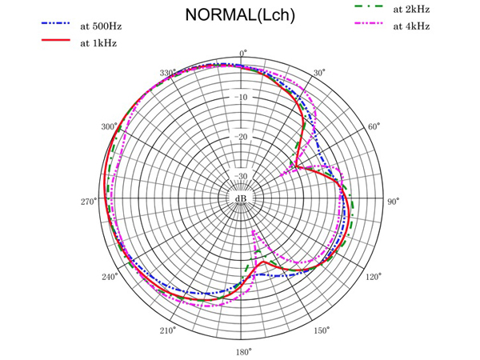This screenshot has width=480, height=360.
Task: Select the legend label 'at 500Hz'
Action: pos(101,26)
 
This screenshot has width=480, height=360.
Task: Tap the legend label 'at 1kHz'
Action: pos(98,43)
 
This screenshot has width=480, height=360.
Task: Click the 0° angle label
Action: pos(243,53)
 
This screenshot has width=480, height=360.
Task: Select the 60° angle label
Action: pos(373,127)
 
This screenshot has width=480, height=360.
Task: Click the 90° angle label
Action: pos(393,202)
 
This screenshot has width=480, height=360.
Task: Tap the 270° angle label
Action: pos(88,202)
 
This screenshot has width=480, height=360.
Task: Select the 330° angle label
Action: pos(166,74)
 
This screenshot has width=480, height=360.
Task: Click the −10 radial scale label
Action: pos(242,98)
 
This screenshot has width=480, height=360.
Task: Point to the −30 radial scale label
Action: pos(242,177)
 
